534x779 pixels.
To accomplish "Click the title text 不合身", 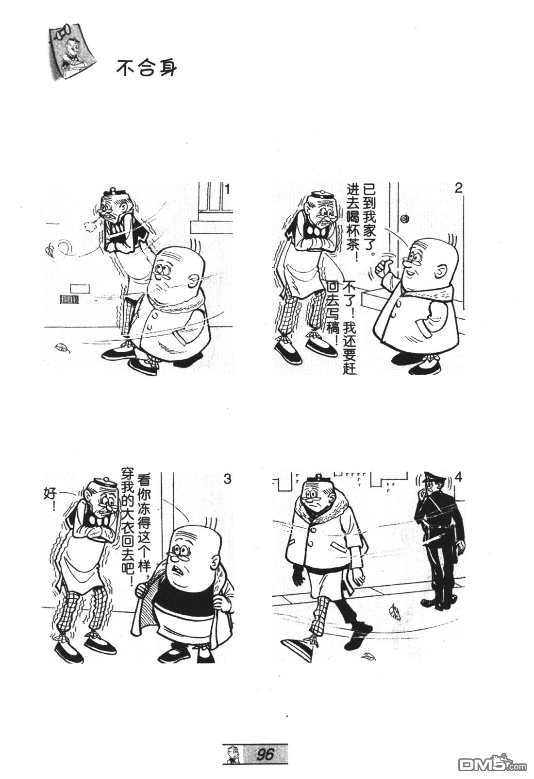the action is tap(146, 68).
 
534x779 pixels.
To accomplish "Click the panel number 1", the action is tap(228, 190).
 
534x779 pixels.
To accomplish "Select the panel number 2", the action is tap(458, 188).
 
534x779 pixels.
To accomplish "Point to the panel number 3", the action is tap(227, 479).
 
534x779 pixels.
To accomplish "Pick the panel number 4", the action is tap(458, 478).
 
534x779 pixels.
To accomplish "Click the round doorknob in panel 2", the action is tap(405, 220).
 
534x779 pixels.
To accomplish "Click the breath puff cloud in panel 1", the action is tap(91, 227).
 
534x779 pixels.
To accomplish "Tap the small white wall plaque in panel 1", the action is tap(80, 288).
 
